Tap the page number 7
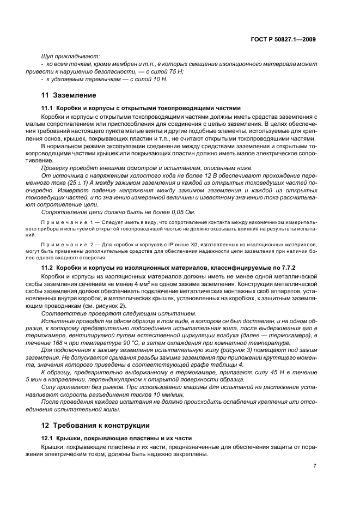315,465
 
